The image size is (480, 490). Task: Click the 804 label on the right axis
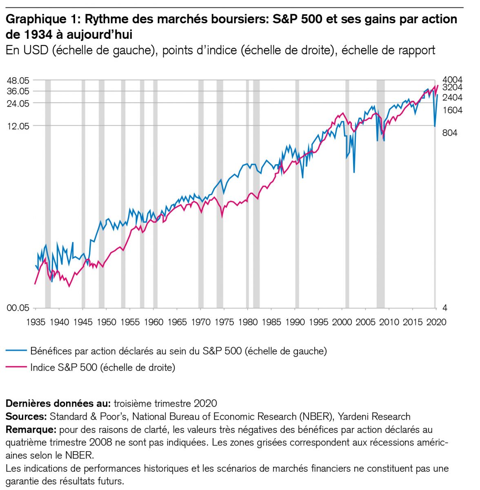point(450,133)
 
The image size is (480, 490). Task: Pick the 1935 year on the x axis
point(36,322)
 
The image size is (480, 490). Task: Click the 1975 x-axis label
point(224,322)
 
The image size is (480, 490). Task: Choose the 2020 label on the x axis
point(437,322)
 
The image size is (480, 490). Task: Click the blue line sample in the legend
point(16,351)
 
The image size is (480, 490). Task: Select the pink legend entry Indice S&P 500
point(102,367)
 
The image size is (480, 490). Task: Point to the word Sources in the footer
point(25,416)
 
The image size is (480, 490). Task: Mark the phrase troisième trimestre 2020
point(165,403)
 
